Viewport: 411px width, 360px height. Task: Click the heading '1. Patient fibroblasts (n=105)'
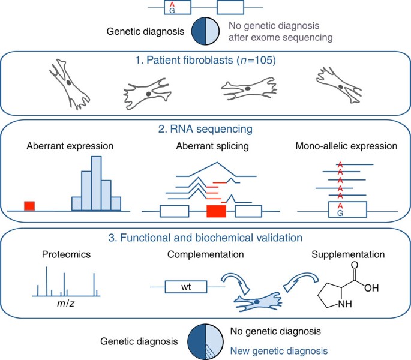point(206,60)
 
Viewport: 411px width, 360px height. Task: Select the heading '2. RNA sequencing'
point(206,128)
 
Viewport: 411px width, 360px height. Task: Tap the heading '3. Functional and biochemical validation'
point(206,238)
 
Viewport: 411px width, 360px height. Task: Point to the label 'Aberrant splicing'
point(206,146)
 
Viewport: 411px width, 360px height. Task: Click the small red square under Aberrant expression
point(29,206)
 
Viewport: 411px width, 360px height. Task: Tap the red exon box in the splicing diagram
point(216,211)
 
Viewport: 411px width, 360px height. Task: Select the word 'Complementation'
point(206,254)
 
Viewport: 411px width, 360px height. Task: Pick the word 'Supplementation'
point(342,254)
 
